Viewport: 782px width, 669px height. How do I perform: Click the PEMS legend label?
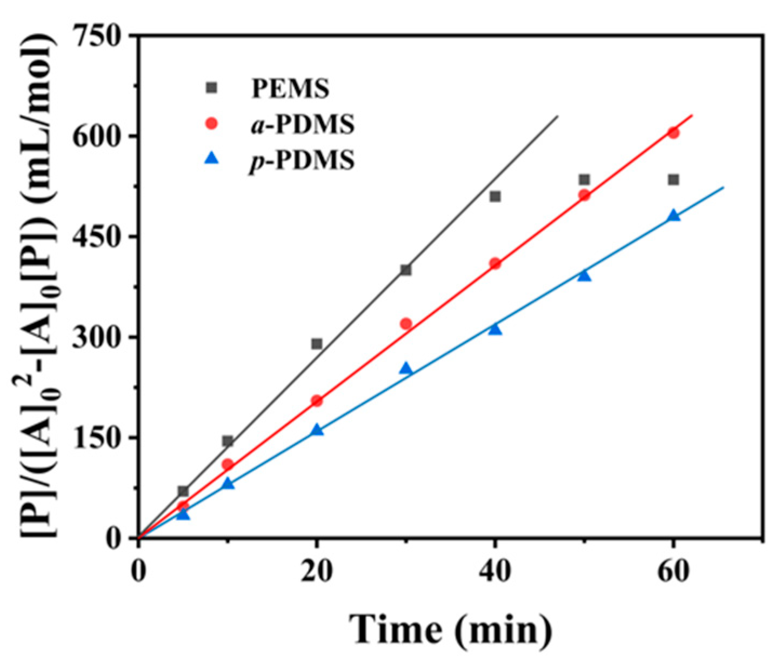coord(290,89)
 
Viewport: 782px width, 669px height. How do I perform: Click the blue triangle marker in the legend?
coord(212,159)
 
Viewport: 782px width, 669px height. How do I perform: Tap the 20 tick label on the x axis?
coord(317,572)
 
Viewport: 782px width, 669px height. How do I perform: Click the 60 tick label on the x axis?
coord(673,572)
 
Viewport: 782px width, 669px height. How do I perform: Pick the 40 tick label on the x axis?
coord(495,572)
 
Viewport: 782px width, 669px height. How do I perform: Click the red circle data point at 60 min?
coord(673,133)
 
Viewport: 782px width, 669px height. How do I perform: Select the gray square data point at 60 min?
coord(673,179)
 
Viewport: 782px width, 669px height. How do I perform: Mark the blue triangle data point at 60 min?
coord(673,216)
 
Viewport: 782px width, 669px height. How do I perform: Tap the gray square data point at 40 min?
coord(495,196)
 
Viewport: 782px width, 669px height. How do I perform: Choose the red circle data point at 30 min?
coord(406,324)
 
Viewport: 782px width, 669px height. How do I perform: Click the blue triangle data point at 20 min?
coord(317,430)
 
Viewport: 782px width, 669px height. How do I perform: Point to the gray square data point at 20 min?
coord(317,344)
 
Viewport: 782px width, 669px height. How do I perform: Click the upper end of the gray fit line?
coord(557,116)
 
